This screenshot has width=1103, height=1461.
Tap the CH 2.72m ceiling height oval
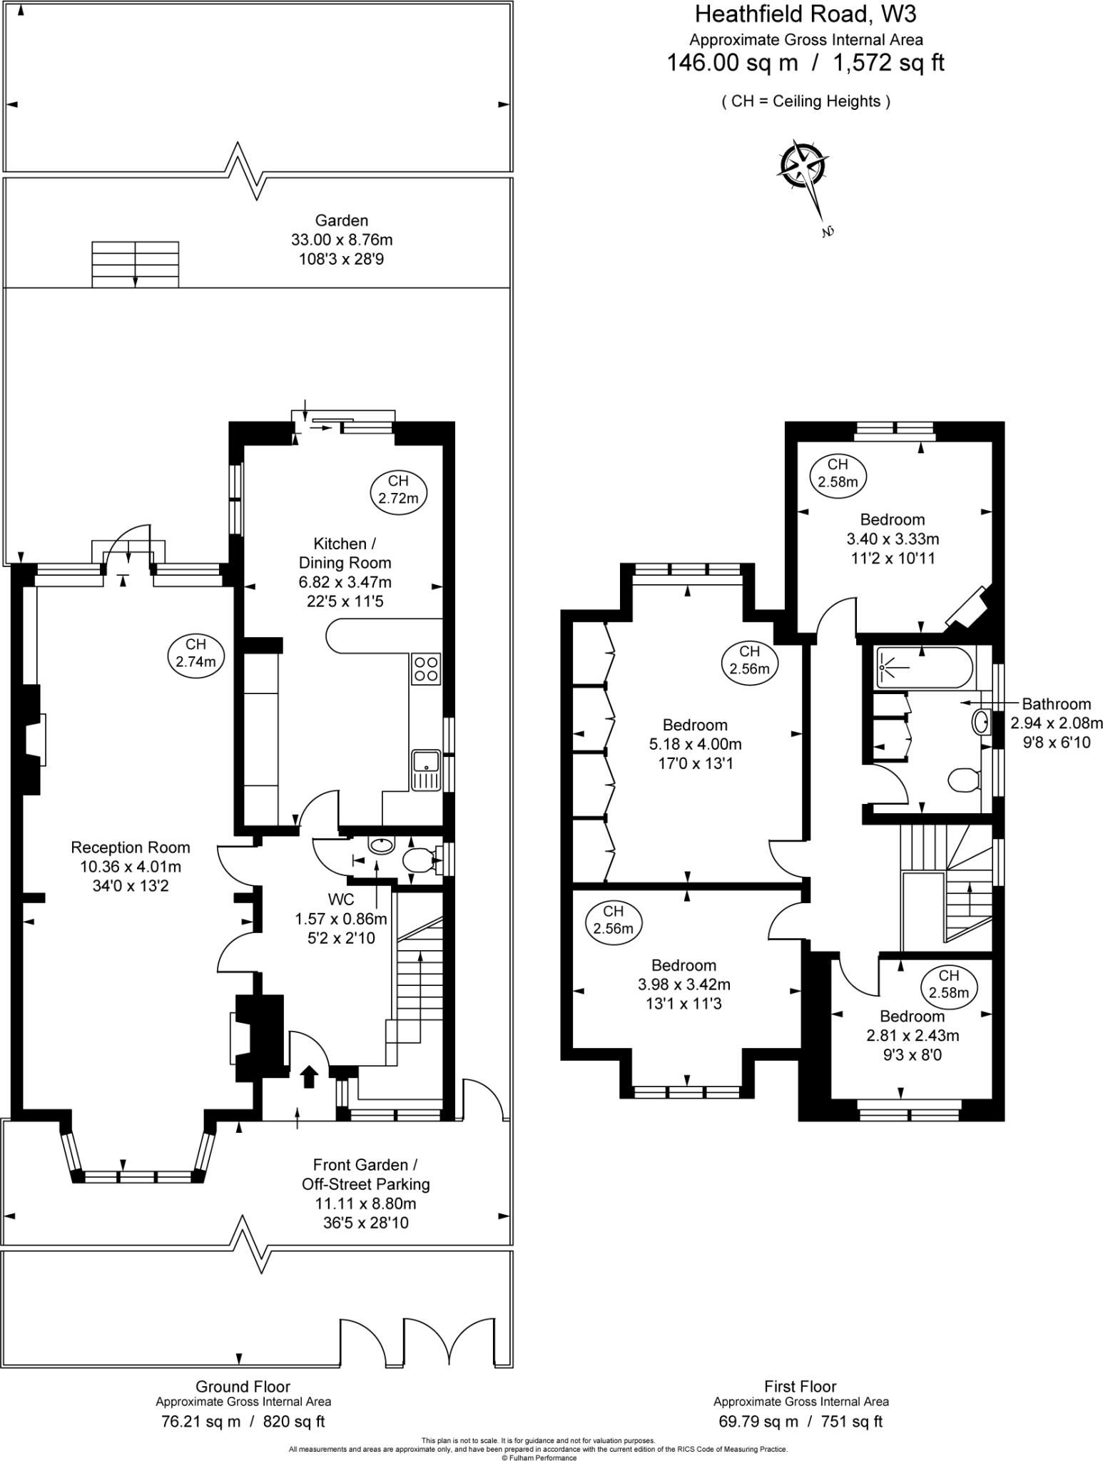(398, 490)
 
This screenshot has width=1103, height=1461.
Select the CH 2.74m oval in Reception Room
(195, 653)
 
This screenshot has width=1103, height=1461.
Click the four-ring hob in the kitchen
(426, 668)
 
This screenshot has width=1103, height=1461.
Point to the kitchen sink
(426, 770)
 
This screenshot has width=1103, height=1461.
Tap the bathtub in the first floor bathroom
(923, 668)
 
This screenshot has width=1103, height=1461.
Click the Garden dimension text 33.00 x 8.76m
(342, 240)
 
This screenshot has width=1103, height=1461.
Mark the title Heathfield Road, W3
(805, 14)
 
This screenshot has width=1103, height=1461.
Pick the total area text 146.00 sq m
(731, 63)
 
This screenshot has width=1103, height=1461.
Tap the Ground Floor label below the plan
(243, 1386)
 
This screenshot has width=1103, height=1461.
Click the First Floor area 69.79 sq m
(758, 1420)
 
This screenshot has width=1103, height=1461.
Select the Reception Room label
(131, 847)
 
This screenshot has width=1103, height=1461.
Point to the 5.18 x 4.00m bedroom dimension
(695, 744)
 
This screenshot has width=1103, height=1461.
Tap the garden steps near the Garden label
(135, 264)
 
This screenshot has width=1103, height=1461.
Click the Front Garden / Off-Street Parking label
(365, 1174)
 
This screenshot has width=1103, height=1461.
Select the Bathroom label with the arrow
(1056, 704)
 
